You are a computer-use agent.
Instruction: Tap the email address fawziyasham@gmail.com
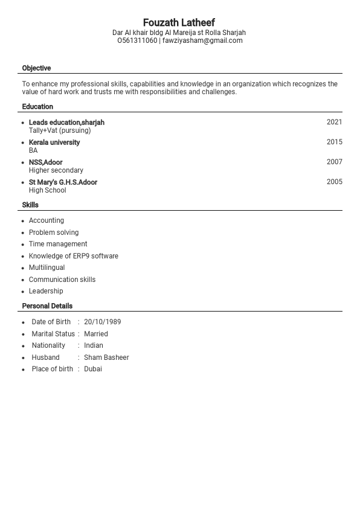tap(202, 40)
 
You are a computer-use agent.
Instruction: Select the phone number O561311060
tap(137, 40)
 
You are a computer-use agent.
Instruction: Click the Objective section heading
tap(36, 68)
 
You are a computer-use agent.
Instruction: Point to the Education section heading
tap(37, 107)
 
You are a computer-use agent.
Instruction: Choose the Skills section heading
tap(30, 205)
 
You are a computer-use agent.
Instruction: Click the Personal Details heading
tap(47, 306)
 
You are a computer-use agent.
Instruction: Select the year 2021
tap(334, 122)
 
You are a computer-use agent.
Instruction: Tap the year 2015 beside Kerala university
tap(334, 142)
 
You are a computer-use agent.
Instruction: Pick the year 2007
tap(334, 162)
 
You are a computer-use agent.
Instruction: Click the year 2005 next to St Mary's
tap(334, 182)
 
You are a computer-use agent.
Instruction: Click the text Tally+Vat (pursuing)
tap(60, 130)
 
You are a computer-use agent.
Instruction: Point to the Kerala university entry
tap(54, 142)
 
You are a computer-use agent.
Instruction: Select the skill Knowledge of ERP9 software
tap(74, 256)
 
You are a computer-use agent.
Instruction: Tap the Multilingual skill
tap(47, 267)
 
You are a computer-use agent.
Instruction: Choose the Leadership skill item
tap(46, 291)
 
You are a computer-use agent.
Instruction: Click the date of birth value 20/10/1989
tap(102, 322)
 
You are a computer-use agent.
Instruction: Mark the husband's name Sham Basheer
tap(106, 357)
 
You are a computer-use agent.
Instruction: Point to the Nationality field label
tap(48, 345)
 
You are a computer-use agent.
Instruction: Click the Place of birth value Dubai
tap(93, 369)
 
